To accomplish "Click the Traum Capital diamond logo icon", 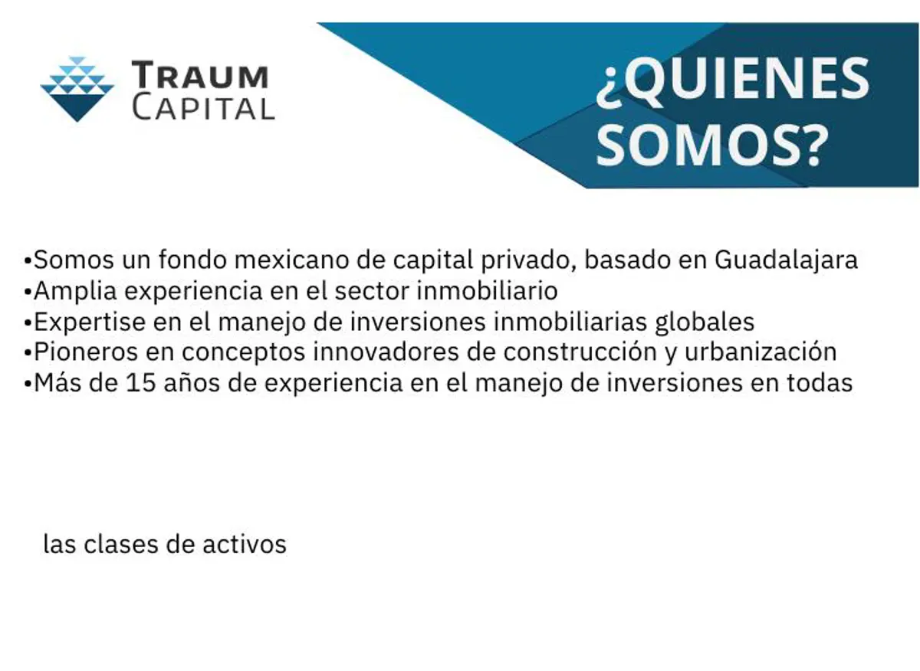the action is [x=77, y=89].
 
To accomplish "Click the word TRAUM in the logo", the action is [x=200, y=74].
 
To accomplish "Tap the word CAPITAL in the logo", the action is [x=203, y=108].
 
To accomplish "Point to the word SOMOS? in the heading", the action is [x=711, y=146].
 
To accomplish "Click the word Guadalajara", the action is [x=786, y=260].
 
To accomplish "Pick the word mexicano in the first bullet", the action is [x=291, y=260].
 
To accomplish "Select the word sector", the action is [x=372, y=291].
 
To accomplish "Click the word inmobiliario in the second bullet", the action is [x=487, y=290].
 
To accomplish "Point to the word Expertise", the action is [x=90, y=322].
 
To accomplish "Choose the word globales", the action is [x=705, y=322].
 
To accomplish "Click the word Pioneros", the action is [x=86, y=352].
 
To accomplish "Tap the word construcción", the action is [x=580, y=352].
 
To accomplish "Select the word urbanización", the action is [x=761, y=352].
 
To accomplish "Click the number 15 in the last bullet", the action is [x=141, y=383].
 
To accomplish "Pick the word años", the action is [x=192, y=383].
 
